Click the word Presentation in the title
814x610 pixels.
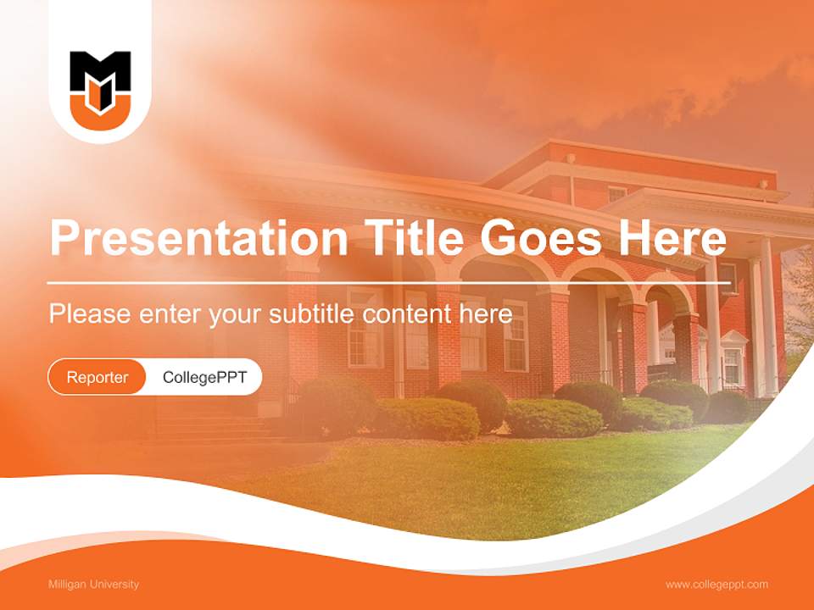(198, 239)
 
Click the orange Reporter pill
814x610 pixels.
(98, 377)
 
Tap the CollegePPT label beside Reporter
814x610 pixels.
(204, 377)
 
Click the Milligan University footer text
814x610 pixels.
(94, 584)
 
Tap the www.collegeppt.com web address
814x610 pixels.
(716, 584)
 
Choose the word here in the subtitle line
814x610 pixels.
(487, 314)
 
